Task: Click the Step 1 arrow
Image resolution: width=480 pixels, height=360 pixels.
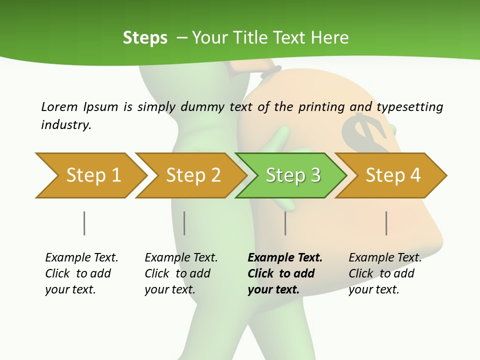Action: coord(92,175)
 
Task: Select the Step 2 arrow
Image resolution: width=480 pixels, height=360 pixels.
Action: coord(192,175)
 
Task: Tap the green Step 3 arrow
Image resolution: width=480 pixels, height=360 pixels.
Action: coord(292,175)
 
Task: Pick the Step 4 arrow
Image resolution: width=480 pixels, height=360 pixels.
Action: coord(392,175)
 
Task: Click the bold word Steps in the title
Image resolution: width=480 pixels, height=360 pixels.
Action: coord(145,37)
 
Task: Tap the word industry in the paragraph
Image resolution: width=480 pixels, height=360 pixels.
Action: coord(66,124)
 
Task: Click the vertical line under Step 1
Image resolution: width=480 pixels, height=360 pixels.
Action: coord(84,223)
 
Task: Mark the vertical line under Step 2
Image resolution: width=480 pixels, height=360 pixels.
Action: coord(184,223)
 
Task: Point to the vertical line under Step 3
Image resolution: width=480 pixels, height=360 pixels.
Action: coord(285,223)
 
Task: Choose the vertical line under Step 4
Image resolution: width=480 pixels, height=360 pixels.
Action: coord(386,223)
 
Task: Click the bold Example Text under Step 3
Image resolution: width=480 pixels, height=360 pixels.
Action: coord(285,258)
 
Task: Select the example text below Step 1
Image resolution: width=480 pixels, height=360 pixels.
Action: coord(81,273)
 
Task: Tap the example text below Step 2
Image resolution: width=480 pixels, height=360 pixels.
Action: coord(180,273)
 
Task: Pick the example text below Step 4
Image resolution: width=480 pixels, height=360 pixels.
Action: coord(384,273)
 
